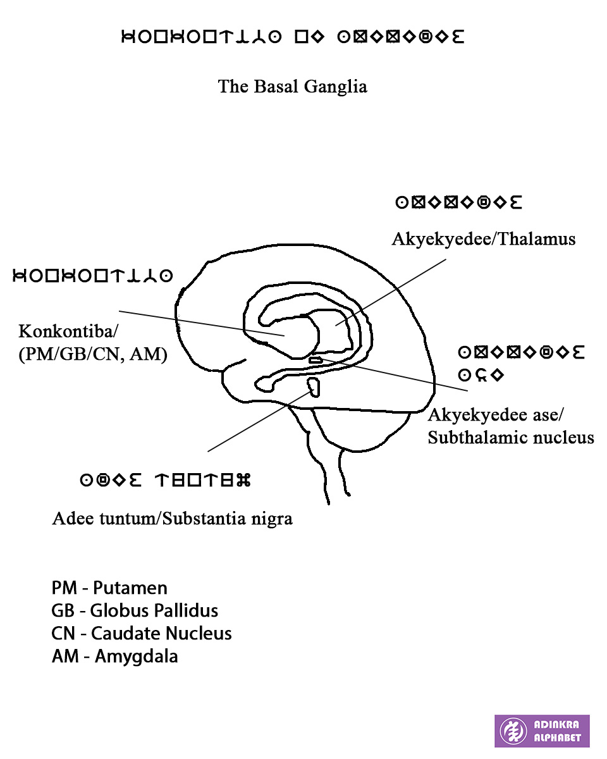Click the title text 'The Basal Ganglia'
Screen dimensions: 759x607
coord(292,86)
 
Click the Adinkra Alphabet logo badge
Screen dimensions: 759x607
coord(541,731)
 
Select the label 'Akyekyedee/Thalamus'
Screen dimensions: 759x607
coord(483,239)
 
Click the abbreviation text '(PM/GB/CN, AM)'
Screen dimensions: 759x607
coord(93,355)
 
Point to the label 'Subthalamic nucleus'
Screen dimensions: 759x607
coord(510,437)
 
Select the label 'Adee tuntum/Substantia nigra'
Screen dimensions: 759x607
coord(172,519)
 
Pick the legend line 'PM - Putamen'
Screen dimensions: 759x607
coord(109,588)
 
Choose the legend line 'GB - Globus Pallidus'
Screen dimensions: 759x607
coord(135,610)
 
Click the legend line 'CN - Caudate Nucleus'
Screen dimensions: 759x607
coord(142,633)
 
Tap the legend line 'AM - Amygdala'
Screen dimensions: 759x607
coord(114,656)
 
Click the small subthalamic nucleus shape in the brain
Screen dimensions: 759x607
coord(315,360)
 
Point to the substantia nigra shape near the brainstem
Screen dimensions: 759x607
coord(313,386)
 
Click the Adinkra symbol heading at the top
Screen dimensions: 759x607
coord(292,37)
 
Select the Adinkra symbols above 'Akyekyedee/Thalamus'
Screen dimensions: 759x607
coord(458,203)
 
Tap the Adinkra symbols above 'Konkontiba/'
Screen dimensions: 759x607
coord(93,276)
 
